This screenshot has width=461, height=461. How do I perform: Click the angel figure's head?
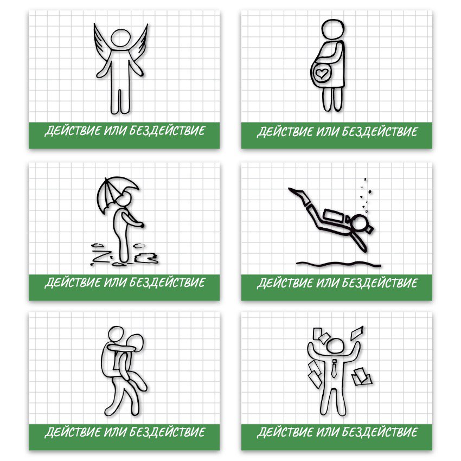click(121, 38)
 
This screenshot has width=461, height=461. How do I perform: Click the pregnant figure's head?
click(333, 29)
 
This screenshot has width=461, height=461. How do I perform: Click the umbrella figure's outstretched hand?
click(142, 225)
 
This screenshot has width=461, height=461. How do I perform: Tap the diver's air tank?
click(334, 216)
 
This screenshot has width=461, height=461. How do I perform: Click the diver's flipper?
click(298, 194)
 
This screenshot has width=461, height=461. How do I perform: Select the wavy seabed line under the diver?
click(338, 264)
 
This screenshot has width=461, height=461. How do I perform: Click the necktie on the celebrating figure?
click(334, 369)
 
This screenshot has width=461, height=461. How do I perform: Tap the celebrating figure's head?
click(335, 346)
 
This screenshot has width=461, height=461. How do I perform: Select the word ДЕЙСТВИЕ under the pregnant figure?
click(285, 131)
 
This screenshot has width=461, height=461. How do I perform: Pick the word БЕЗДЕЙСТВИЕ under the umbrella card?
click(167, 282)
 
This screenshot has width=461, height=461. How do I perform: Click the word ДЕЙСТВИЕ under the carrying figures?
click(73, 432)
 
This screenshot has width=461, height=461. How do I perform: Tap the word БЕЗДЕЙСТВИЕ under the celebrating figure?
click(380, 432)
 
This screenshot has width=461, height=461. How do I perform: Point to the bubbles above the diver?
click(366, 195)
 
